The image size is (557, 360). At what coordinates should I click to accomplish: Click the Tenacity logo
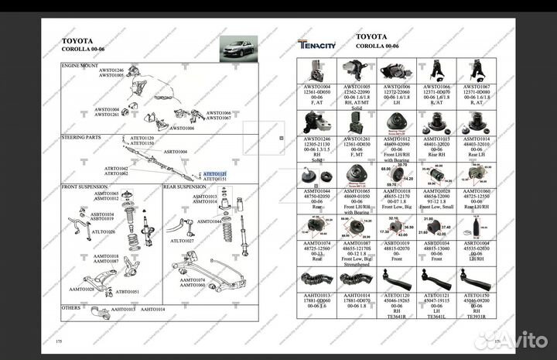[317, 44]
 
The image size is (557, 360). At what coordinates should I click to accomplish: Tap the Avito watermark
[521, 338]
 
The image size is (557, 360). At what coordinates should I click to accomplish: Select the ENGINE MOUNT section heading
[80, 66]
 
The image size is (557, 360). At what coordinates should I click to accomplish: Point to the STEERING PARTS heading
[81, 137]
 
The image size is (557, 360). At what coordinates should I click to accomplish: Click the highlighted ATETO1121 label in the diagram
[215, 174]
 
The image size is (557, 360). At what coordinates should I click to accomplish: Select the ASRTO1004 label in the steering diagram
[176, 152]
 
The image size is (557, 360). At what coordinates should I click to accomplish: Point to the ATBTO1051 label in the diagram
[128, 292]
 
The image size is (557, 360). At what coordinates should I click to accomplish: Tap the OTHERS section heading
[73, 307]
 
